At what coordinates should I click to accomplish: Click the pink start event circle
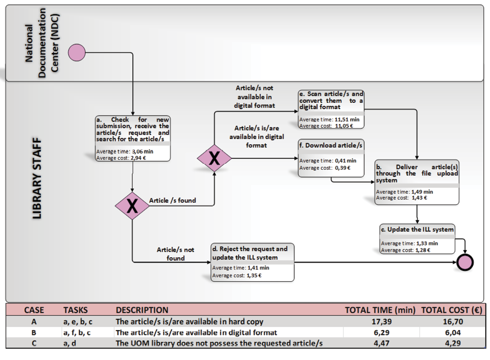coord(76,53)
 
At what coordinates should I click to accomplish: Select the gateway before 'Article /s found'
coord(132,207)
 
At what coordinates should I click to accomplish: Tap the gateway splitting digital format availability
coord(214,158)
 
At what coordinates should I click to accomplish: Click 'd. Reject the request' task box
coord(252,262)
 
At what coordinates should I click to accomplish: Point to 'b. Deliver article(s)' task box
coord(417,181)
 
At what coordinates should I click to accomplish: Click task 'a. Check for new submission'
coord(133,138)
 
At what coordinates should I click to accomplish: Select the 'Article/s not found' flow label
coord(176,254)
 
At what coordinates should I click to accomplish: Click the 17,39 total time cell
coord(378,322)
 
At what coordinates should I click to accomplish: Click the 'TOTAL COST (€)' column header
coord(451,310)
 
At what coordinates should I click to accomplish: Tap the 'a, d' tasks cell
coord(70,343)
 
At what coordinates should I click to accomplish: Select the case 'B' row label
coord(34,332)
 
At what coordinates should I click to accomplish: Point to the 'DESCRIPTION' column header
coord(142,310)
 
